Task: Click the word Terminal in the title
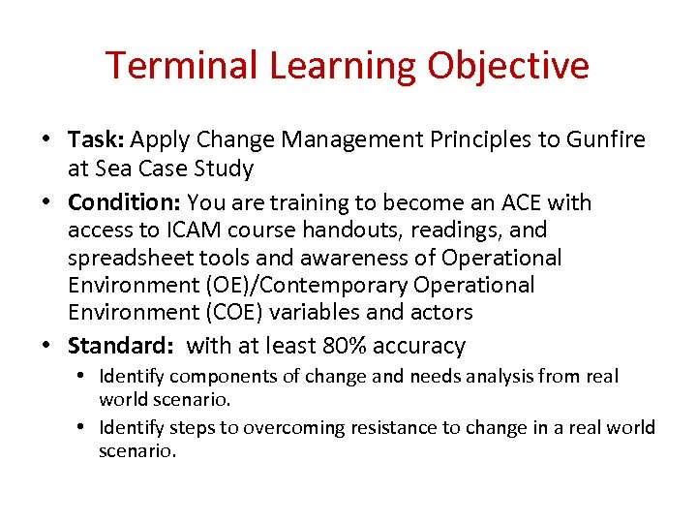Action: coord(182,66)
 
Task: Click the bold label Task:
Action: coord(96,140)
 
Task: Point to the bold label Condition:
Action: coord(125,202)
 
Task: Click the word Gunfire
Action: coord(607,140)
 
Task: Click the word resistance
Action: coord(374,427)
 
